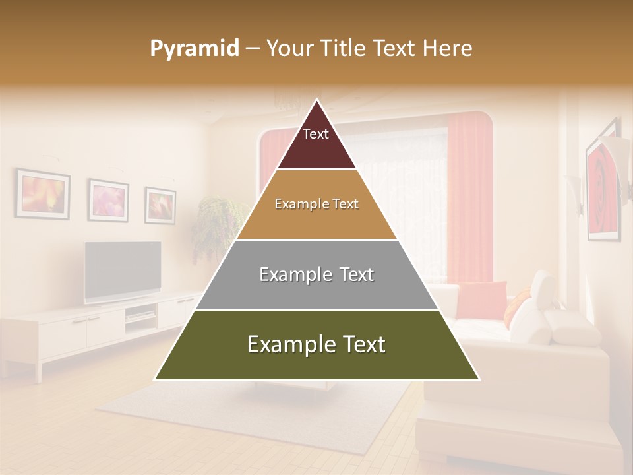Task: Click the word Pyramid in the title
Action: [194, 49]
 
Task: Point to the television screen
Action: [123, 270]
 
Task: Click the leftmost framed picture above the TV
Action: [43, 194]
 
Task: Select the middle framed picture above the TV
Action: [109, 200]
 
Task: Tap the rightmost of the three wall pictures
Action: [160, 205]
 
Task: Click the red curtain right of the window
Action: [469, 198]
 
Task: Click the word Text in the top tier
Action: [316, 134]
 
